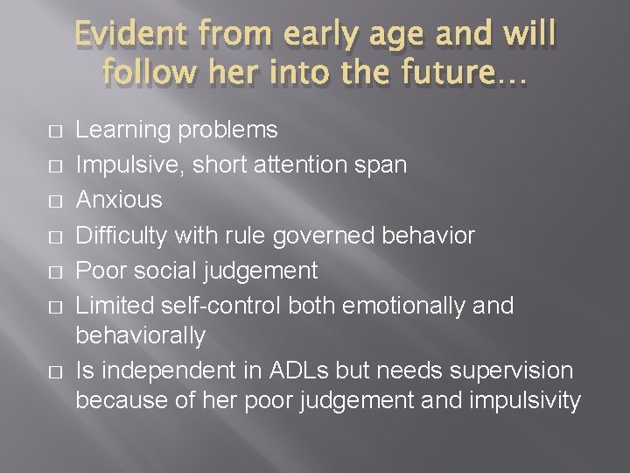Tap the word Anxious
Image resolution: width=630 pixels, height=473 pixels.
pyautogui.click(x=118, y=201)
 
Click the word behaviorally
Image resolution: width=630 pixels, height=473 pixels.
pyautogui.click(x=141, y=335)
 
